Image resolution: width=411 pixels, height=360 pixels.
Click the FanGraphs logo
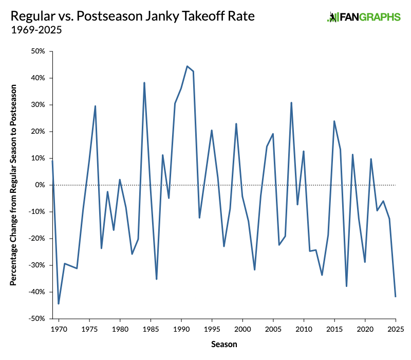(363, 17)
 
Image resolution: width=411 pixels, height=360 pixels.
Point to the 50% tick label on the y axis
(39, 51)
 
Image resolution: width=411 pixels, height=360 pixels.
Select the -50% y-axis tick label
(38, 319)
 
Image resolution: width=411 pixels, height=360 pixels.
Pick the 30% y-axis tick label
(39, 105)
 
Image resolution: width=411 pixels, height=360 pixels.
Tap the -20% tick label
(38, 239)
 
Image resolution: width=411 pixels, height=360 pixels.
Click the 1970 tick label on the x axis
(59, 328)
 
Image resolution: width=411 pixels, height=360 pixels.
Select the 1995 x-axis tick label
(212, 328)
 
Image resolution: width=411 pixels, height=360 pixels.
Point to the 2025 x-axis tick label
(396, 328)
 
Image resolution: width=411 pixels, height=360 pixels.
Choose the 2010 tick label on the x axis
(304, 328)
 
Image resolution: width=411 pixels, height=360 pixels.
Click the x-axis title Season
(224, 344)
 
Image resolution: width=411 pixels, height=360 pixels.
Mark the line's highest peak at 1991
(187, 66)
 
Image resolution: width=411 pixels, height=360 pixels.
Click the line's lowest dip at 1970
(59, 303)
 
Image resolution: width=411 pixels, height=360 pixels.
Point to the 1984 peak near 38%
(144, 83)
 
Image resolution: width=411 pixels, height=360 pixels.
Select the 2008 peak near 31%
(291, 102)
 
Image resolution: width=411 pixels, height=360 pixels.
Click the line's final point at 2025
(396, 296)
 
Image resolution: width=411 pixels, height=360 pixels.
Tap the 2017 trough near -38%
(346, 286)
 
